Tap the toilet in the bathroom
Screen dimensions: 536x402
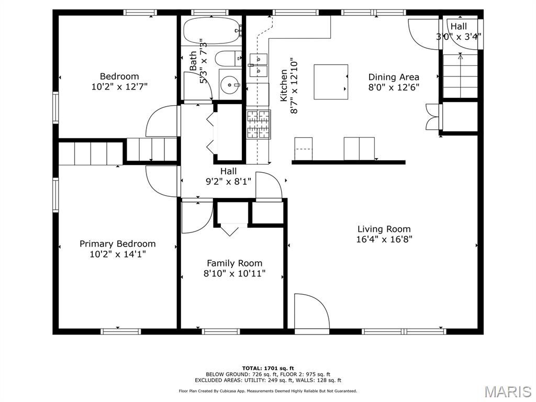tap(228, 59)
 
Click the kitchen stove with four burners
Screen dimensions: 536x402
tap(259, 125)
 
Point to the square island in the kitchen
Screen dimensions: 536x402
tap(331, 82)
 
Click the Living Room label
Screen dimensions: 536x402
tap(384, 229)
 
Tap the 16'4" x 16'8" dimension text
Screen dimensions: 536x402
tap(384, 239)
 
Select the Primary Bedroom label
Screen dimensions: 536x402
tap(118, 244)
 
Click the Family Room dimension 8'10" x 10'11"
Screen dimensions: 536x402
tap(234, 273)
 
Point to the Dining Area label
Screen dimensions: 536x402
tap(394, 77)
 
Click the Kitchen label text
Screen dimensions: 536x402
tap(284, 85)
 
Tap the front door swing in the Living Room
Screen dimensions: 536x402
tap(312, 311)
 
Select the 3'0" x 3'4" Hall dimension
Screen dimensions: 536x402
tap(459, 36)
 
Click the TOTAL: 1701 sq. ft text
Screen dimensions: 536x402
tap(268, 368)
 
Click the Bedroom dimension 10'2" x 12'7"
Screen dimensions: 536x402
tap(119, 86)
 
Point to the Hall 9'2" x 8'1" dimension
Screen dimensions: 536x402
tap(228, 181)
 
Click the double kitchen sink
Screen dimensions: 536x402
tap(259, 65)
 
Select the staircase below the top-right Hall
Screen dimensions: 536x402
tap(460, 75)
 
